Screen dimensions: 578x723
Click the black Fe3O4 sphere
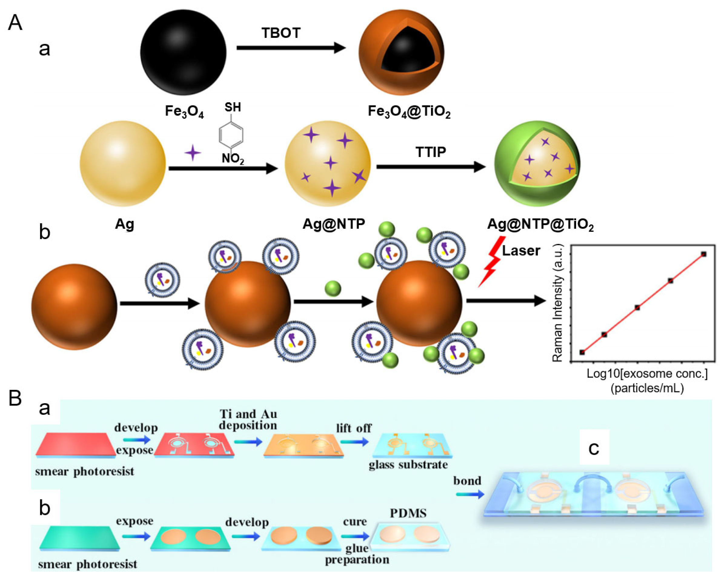pos(183,52)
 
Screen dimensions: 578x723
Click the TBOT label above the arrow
pos(281,33)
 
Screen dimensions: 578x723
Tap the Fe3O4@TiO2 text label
pos(409,111)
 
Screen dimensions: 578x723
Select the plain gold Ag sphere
pos(123,163)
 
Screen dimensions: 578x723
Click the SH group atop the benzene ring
pos(233,107)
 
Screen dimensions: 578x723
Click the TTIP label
pos(431,152)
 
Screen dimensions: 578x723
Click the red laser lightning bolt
pos(491,262)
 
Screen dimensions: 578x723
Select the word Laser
pos(521,251)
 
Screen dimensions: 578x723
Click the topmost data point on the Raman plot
pos(704,254)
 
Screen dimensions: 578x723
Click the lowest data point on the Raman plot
pos(582,352)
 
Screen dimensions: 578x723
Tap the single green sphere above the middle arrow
pos(333,288)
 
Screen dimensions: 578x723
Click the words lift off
pos(354,428)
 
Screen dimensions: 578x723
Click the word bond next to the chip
pos(467,481)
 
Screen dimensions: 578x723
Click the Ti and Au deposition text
pos(248,420)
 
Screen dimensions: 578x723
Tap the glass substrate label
pos(408,465)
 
